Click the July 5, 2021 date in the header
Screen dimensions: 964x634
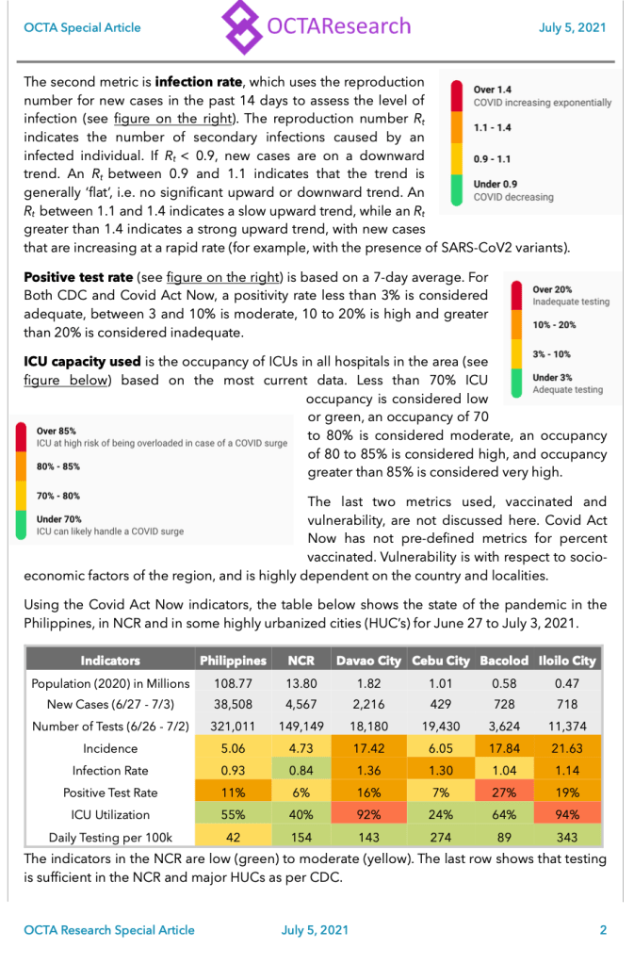pos(572,27)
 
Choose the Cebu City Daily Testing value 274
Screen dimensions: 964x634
pos(439,837)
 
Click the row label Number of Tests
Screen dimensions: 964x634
pos(110,727)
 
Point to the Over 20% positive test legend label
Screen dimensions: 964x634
pos(552,289)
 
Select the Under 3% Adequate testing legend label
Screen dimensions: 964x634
pos(552,377)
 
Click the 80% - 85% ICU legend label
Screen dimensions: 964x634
pos(58,466)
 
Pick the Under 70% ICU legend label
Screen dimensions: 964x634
pos(59,518)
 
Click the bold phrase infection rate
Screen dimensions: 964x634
pos(200,82)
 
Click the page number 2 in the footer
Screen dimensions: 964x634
pos(603,930)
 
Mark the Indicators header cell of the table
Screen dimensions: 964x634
pos(110,661)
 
